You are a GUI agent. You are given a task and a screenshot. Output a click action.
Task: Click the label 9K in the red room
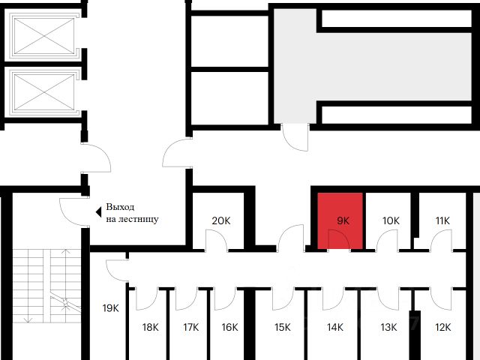click(343, 221)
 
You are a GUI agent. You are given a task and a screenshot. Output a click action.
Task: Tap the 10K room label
click(391, 221)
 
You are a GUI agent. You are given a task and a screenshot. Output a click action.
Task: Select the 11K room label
click(442, 220)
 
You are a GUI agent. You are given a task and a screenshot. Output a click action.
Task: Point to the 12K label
click(442, 327)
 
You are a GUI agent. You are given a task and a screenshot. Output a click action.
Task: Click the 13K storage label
click(388, 327)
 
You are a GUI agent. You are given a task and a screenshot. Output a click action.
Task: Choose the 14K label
click(334, 327)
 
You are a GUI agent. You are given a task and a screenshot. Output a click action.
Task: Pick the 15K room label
click(282, 327)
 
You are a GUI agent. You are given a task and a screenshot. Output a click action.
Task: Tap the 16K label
click(229, 327)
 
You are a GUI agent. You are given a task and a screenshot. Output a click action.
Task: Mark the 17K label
click(190, 327)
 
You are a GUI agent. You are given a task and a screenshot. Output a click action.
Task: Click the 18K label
click(151, 327)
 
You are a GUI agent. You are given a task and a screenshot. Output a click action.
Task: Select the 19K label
click(110, 308)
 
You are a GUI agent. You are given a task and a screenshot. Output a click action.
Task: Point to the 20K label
click(220, 221)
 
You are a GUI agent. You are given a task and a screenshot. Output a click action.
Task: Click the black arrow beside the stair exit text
click(97, 212)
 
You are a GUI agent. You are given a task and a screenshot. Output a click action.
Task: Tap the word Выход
click(121, 207)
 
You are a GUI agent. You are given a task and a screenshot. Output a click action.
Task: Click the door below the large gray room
click(297, 136)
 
